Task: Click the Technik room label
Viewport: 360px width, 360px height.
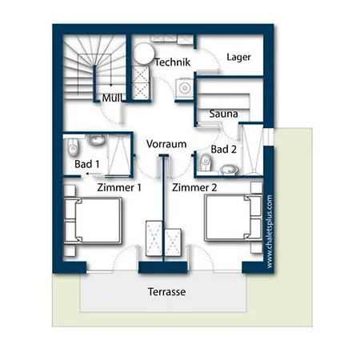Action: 173,62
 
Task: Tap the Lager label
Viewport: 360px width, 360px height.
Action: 238,57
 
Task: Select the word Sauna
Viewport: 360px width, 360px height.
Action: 223,114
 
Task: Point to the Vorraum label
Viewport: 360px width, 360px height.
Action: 166,144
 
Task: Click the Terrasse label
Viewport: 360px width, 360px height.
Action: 167,292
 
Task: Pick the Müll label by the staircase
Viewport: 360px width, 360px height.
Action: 112,98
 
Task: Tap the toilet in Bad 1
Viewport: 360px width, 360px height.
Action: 73,147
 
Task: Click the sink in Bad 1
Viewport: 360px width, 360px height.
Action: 96,139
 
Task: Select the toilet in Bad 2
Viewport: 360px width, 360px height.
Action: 206,162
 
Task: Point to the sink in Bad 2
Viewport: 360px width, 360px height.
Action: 229,170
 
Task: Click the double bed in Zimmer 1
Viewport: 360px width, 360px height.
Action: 93,221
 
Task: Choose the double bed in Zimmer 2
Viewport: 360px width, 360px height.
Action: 233,218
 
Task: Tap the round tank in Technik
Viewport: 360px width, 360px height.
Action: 144,54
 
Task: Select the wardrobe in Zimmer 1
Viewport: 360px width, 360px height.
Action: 154,238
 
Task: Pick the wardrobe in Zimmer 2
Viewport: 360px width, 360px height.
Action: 173,242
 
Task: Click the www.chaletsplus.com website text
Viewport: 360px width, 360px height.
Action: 270,231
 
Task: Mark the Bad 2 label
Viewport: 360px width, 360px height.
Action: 224,150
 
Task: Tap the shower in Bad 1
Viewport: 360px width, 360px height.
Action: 118,155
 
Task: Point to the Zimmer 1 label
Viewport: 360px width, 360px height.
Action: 119,187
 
